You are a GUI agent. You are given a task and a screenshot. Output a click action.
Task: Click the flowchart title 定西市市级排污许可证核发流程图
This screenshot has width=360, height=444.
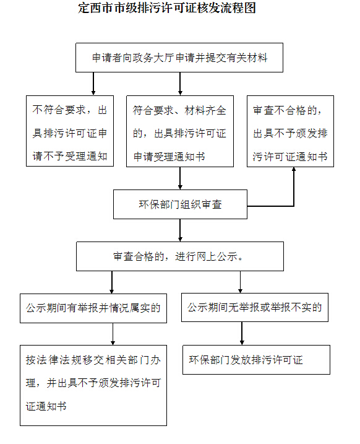(167, 7)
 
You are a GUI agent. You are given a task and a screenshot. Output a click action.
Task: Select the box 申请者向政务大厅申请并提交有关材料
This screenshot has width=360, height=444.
(179, 58)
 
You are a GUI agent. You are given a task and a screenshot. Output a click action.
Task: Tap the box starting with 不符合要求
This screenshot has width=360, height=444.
(70, 131)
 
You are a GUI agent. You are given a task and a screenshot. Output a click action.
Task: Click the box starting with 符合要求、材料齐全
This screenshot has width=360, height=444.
(180, 131)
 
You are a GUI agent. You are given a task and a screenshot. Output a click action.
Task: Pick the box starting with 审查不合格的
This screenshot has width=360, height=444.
(290, 131)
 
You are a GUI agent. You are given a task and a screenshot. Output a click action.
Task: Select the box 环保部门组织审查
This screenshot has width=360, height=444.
(180, 204)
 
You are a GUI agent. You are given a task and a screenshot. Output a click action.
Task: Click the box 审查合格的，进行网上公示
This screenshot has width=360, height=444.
(180, 256)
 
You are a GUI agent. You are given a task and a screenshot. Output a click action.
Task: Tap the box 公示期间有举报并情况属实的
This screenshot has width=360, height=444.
(93, 308)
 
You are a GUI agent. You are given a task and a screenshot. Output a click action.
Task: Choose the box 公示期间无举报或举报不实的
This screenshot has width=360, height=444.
(255, 307)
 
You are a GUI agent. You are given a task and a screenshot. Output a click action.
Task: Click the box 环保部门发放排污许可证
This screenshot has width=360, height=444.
(256, 360)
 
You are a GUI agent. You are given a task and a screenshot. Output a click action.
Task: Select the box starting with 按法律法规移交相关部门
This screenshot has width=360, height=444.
(93, 385)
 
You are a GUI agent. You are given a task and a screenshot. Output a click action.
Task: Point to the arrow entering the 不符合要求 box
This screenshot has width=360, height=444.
(93, 84)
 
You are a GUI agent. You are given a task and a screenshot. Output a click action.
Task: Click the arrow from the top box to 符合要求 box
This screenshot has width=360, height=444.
(180, 84)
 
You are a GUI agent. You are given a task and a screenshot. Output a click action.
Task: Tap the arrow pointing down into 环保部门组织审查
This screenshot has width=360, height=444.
(180, 178)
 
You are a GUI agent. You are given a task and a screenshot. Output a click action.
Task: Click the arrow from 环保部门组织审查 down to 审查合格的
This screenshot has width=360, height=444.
(180, 230)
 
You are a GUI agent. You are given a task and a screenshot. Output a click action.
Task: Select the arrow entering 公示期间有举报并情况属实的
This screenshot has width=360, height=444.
(112, 282)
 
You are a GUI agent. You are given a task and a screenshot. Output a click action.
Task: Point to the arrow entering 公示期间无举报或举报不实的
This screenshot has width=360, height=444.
(241, 282)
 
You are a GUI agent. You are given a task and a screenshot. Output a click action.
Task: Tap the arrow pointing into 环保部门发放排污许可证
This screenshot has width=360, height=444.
(242, 333)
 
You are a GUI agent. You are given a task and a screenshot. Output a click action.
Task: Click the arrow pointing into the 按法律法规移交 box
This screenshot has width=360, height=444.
(113, 334)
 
